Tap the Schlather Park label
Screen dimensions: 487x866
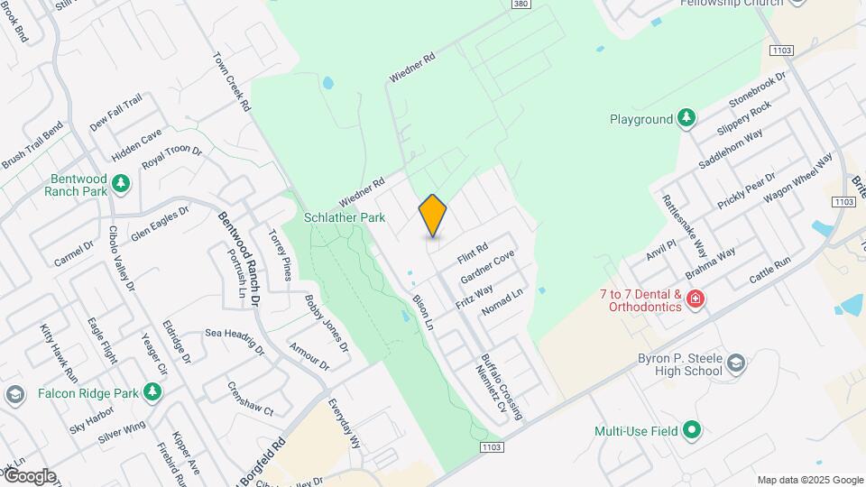[x=344, y=217]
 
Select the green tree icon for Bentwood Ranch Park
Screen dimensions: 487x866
[x=121, y=185]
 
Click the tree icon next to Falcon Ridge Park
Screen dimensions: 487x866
[x=153, y=392]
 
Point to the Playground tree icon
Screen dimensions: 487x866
[x=686, y=118]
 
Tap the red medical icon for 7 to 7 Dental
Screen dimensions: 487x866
[x=695, y=299]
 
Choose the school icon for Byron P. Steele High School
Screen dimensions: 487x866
[x=736, y=363]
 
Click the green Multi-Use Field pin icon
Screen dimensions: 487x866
[x=692, y=431]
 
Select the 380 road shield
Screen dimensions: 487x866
[x=520, y=5]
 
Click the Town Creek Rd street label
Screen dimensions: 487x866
[x=232, y=81]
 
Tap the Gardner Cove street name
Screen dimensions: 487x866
[x=487, y=266]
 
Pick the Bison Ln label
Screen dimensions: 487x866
[x=423, y=311]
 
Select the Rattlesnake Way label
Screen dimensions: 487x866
[x=684, y=225]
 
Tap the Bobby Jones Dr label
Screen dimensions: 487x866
[x=326, y=323]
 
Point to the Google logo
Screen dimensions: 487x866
[x=29, y=475]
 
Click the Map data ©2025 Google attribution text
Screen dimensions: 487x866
[x=809, y=480]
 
